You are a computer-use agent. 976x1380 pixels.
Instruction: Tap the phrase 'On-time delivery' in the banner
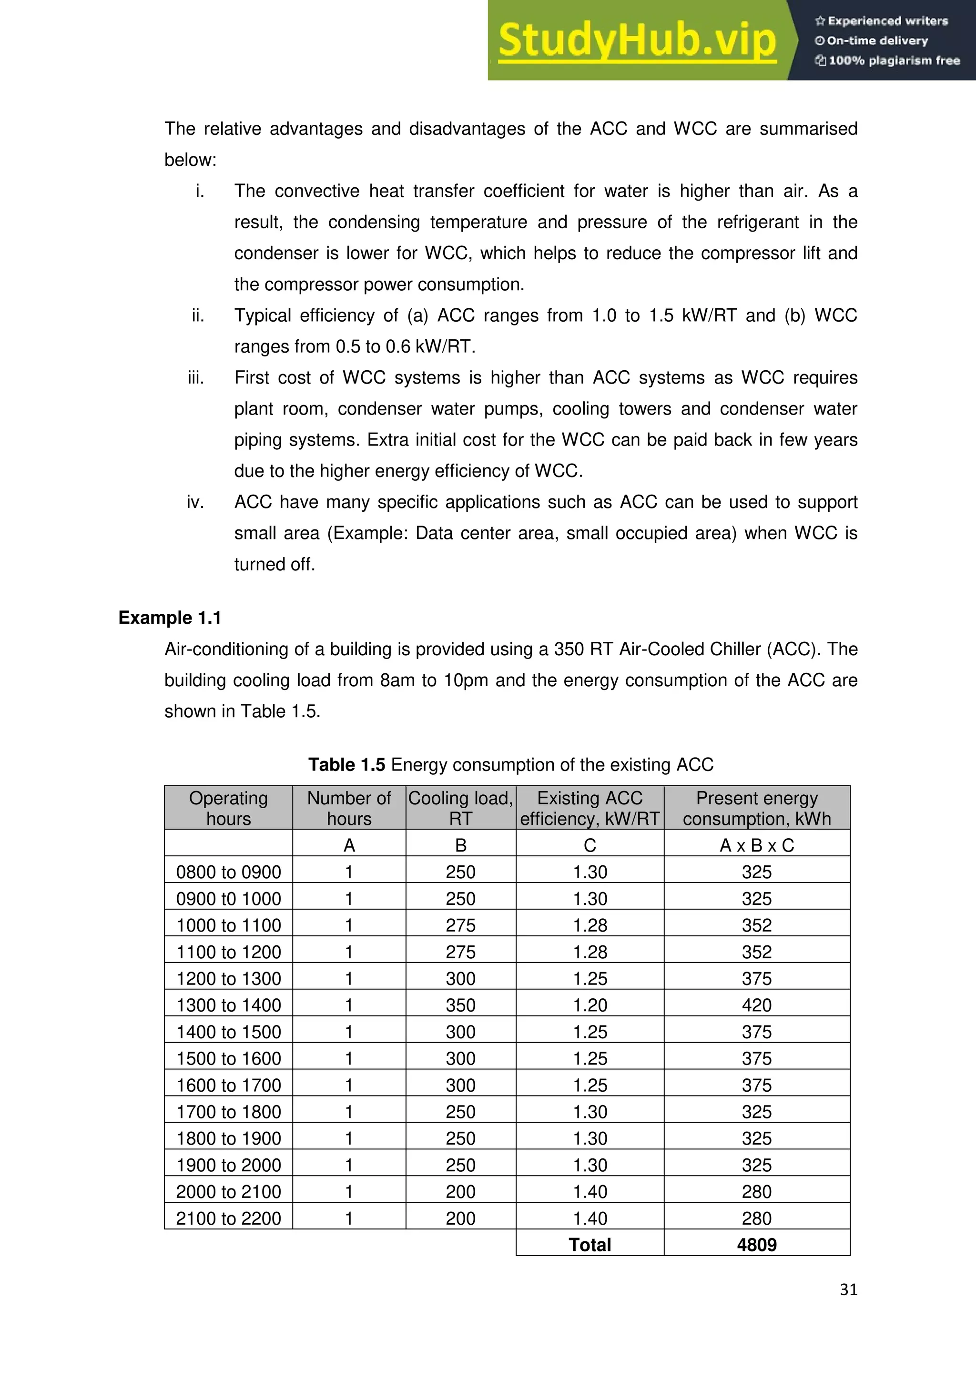pos(877,41)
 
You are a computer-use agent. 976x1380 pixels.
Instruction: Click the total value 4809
pos(757,1244)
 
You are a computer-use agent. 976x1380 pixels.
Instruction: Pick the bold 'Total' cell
pos(590,1244)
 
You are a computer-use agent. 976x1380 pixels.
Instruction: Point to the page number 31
pos(848,1289)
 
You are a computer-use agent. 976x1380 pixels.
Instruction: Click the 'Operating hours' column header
pos(228,808)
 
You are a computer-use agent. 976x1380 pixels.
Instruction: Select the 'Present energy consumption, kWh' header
pos(757,808)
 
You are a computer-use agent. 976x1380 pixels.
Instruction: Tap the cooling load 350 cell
pos(460,1005)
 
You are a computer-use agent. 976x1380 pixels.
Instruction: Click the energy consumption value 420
pos(757,1005)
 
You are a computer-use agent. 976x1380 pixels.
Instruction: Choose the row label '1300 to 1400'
pos(228,1005)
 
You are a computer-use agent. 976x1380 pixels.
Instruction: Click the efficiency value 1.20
pos(590,1005)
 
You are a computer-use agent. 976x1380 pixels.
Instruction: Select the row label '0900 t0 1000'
pos(228,899)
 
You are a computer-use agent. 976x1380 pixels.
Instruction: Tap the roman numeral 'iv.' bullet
pos(195,502)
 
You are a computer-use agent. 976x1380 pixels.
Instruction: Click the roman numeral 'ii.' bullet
pos(198,315)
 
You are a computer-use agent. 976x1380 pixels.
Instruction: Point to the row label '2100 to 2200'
pos(228,1218)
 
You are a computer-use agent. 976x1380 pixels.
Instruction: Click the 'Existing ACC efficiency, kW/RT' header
pos(590,808)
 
